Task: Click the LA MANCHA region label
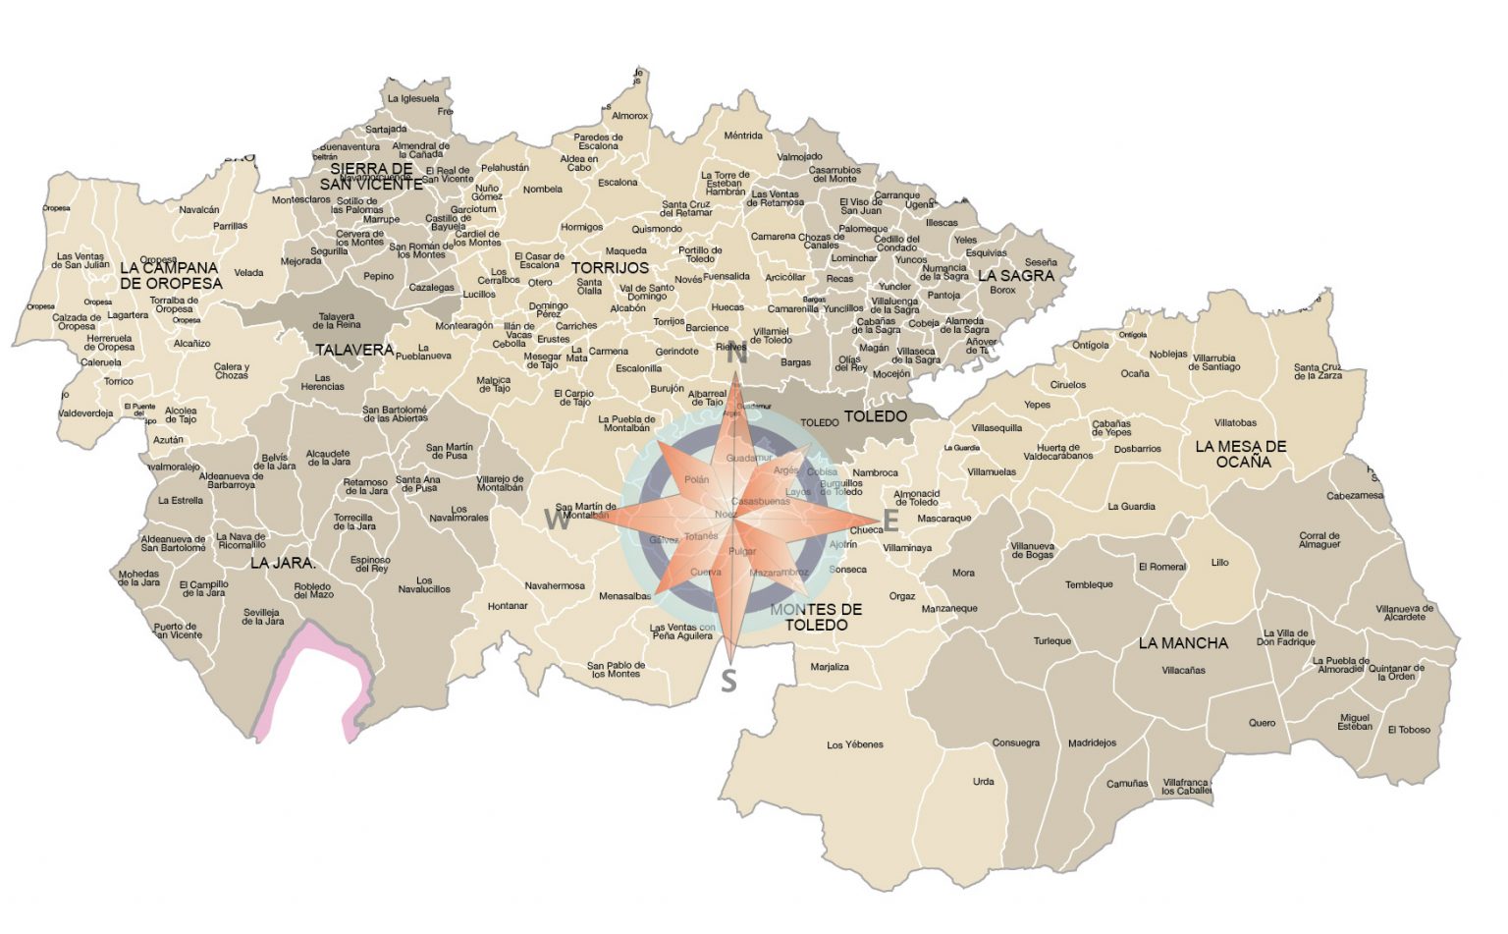click(1183, 643)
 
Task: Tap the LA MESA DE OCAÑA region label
click(1241, 454)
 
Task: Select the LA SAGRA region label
click(1016, 276)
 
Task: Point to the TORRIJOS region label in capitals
click(610, 268)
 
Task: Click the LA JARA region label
click(282, 564)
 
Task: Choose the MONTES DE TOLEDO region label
click(816, 617)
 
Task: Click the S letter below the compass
click(728, 680)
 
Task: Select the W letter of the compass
click(557, 521)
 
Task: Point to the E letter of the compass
click(891, 520)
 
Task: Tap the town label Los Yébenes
click(855, 744)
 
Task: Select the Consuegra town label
click(1015, 742)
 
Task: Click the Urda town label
click(983, 782)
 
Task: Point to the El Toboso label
click(1409, 730)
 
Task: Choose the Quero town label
click(1262, 723)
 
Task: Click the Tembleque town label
click(1089, 584)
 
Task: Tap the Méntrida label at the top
click(743, 136)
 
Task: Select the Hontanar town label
click(508, 606)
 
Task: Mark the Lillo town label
click(1219, 563)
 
